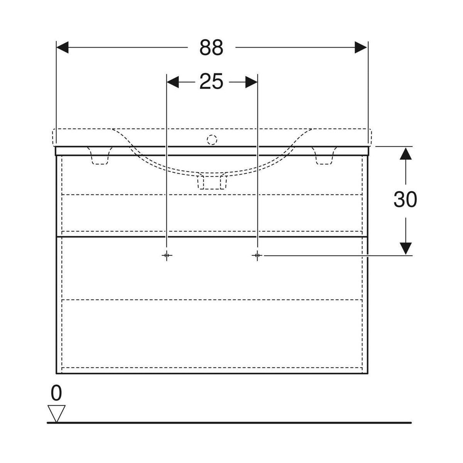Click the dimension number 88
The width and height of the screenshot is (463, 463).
pyautogui.click(x=211, y=47)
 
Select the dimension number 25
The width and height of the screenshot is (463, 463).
pyautogui.click(x=211, y=82)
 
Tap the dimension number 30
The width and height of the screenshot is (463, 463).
pyautogui.click(x=405, y=199)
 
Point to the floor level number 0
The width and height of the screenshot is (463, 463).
pyautogui.click(x=56, y=393)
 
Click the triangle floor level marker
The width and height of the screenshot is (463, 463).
pyautogui.click(x=56, y=413)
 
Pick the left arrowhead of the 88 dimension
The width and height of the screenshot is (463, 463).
pyautogui.click(x=63, y=47)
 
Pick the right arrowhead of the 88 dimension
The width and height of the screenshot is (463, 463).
pyautogui.click(x=361, y=47)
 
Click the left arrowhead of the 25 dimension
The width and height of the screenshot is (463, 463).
pyautogui.click(x=173, y=82)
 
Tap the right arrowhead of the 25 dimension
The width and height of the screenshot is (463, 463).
pyautogui.click(x=251, y=82)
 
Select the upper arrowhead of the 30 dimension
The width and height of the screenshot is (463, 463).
pyautogui.click(x=406, y=153)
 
